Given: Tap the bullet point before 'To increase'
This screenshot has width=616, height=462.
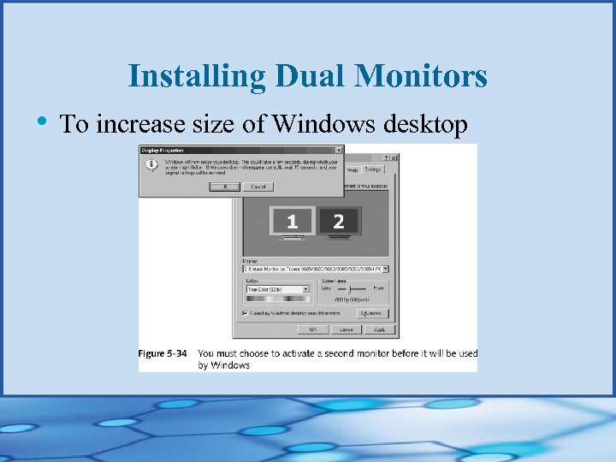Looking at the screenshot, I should pos(42,121).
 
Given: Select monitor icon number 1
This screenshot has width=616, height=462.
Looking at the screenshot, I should pos(292,222).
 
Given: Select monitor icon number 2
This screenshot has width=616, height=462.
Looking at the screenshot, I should pos(339,222).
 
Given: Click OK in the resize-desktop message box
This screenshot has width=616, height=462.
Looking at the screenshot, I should pos(225,186).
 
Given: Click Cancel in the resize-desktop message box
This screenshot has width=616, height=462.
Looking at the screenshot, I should pos(258,186).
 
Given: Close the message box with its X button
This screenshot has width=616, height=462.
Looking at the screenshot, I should pos(339,149).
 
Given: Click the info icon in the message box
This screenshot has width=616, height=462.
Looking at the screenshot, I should pos(151,165).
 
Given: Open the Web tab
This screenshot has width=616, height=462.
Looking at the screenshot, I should pos(352,170).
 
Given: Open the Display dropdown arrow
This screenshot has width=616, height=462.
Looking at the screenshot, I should pos(385,269).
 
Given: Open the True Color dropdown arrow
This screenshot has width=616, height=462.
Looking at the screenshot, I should pos(305,290).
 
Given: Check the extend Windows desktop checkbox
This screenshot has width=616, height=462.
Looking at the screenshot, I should pos(246,313).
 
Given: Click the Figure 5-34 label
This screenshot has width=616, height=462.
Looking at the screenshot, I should pos(163,353).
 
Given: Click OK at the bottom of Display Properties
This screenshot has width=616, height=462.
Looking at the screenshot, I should pos(313,329).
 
